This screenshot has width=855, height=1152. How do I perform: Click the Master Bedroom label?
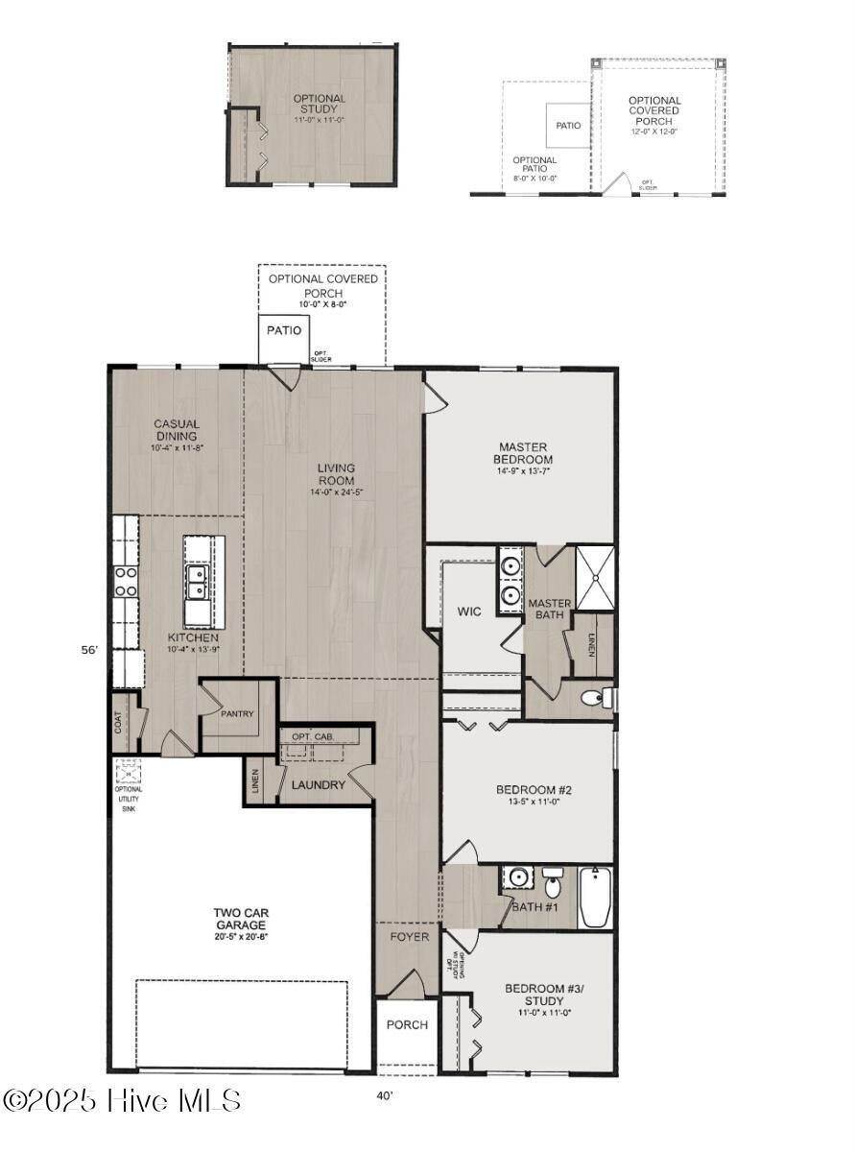coord(524,453)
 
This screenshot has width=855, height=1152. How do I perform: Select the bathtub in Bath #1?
coord(595,899)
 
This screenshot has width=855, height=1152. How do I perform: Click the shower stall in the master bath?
coord(594,578)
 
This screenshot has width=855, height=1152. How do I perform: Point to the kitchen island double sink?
coord(198,581)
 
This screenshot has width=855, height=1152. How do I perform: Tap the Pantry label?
coord(236,714)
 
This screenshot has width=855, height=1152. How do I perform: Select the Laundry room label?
coord(318,784)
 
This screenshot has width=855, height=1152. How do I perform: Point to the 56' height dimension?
coord(89,650)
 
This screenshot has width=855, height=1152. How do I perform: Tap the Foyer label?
coord(409,936)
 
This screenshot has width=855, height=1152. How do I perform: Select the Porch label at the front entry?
coord(407,1024)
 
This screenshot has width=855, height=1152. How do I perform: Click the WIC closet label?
coord(468,611)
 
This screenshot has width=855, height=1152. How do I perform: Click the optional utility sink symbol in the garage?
coord(129,772)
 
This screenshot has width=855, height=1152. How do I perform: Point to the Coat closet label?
coord(120,722)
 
